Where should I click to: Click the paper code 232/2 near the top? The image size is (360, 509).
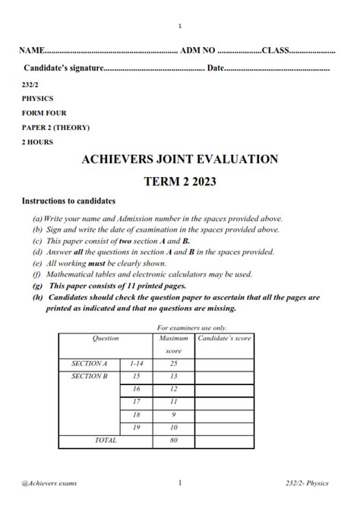(30, 84)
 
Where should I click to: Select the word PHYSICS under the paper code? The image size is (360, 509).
(38, 98)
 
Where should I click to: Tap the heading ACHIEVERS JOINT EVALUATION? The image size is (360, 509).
(179, 160)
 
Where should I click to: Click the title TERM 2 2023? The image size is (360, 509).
(180, 182)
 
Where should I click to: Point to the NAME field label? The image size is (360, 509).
(32, 51)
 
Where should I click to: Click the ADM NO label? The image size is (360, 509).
(198, 51)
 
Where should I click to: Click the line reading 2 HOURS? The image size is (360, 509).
(38, 141)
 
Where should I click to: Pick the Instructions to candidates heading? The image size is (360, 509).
(68, 201)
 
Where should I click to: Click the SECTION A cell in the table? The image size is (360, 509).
(90, 364)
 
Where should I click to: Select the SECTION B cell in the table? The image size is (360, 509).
(90, 376)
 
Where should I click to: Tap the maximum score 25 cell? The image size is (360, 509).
(173, 364)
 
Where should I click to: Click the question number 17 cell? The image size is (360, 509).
(137, 401)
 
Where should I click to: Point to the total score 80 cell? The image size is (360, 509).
(173, 440)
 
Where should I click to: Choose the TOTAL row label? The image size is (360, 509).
(106, 440)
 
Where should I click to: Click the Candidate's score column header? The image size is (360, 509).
(224, 337)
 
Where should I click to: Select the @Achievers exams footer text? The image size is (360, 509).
(49, 482)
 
